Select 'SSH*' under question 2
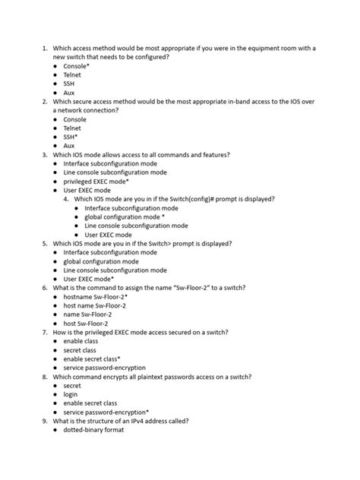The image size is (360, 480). pos(74,137)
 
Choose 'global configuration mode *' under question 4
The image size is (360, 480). pos(125,217)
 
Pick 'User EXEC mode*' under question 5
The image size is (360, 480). pos(89,279)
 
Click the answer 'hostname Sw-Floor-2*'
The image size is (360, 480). pos(97,297)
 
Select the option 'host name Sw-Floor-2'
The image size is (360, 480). pos(95,306)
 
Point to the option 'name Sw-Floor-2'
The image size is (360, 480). pos(89,315)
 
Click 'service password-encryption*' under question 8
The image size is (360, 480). pos(106,411)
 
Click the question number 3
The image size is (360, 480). pos(45,155)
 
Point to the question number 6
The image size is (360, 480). pos(45,289)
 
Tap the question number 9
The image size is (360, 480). pos(45,420)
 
